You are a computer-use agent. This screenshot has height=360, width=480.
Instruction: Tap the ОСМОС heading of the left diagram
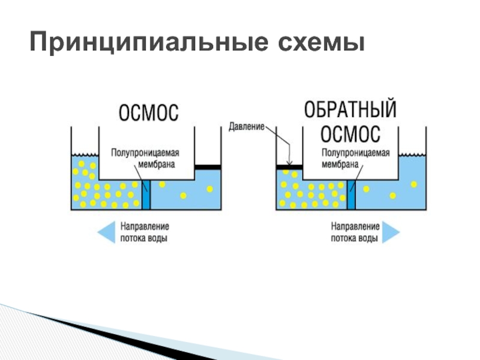point(148,112)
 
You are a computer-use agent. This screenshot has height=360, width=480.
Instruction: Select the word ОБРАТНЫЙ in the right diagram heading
point(350,109)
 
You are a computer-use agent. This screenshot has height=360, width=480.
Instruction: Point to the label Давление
point(247,127)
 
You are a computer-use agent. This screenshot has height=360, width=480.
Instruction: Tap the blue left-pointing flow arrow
point(106,232)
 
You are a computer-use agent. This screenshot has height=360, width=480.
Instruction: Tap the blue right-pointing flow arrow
point(391,232)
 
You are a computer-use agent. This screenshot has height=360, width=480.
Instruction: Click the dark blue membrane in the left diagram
point(146,194)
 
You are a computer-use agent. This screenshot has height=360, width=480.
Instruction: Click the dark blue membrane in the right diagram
point(351,194)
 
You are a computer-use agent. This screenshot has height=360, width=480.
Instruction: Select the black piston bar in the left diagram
point(208,167)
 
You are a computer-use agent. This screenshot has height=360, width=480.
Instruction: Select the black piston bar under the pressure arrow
point(289,167)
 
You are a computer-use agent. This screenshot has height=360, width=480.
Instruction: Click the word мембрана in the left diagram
point(157,164)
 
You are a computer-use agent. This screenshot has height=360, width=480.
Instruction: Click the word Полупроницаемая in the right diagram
point(356,152)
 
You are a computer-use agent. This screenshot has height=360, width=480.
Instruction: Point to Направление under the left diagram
point(145,227)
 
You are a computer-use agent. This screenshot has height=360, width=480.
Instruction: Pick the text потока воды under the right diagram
point(354,238)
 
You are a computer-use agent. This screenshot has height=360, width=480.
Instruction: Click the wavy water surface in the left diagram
point(85,154)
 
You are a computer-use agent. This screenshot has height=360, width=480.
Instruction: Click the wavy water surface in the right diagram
point(412,154)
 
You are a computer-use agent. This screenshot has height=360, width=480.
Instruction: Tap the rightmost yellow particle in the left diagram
point(209,189)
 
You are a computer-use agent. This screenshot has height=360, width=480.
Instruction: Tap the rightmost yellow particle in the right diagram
point(414,184)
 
